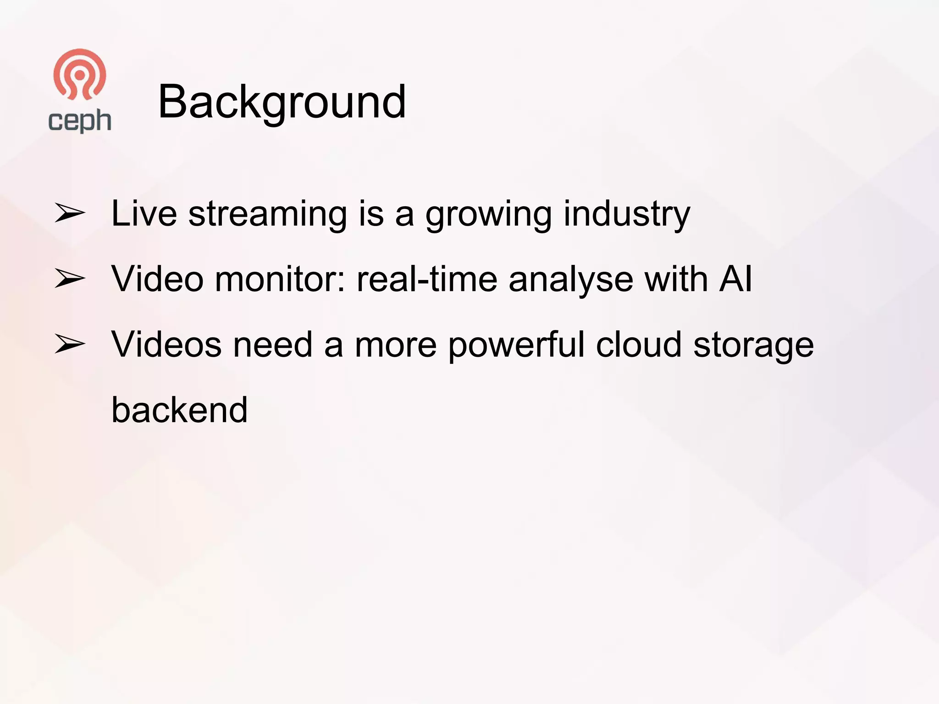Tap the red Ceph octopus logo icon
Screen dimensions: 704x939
coord(80,74)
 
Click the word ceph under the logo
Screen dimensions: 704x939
coord(80,121)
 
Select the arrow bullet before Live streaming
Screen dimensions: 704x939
coord(70,214)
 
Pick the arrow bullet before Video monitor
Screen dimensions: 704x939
coord(70,279)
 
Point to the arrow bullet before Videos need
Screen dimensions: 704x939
coord(70,344)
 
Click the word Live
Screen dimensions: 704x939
coord(144,214)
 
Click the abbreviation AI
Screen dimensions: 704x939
coord(735,279)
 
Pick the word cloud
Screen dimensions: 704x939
coord(638,345)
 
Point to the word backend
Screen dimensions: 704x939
coord(179,410)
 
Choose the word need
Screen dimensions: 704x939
coord(273,345)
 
